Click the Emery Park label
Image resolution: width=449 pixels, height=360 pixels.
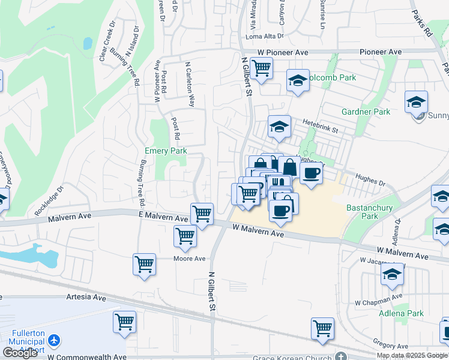(x=166, y=151)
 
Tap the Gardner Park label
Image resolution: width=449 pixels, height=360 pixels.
(x=366, y=112)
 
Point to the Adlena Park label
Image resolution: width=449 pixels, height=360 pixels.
(x=401, y=313)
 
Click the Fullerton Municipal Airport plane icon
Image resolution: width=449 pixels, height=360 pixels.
(x=55, y=341)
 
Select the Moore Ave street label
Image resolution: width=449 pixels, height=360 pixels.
(x=189, y=259)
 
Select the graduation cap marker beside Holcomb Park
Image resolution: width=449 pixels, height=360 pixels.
(x=298, y=80)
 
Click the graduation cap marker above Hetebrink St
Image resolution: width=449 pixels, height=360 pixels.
(x=279, y=126)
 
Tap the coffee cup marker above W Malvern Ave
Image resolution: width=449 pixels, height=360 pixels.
(x=280, y=209)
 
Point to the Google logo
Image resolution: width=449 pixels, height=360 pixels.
(x=20, y=353)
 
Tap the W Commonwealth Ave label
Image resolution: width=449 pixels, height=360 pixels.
(x=87, y=357)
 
